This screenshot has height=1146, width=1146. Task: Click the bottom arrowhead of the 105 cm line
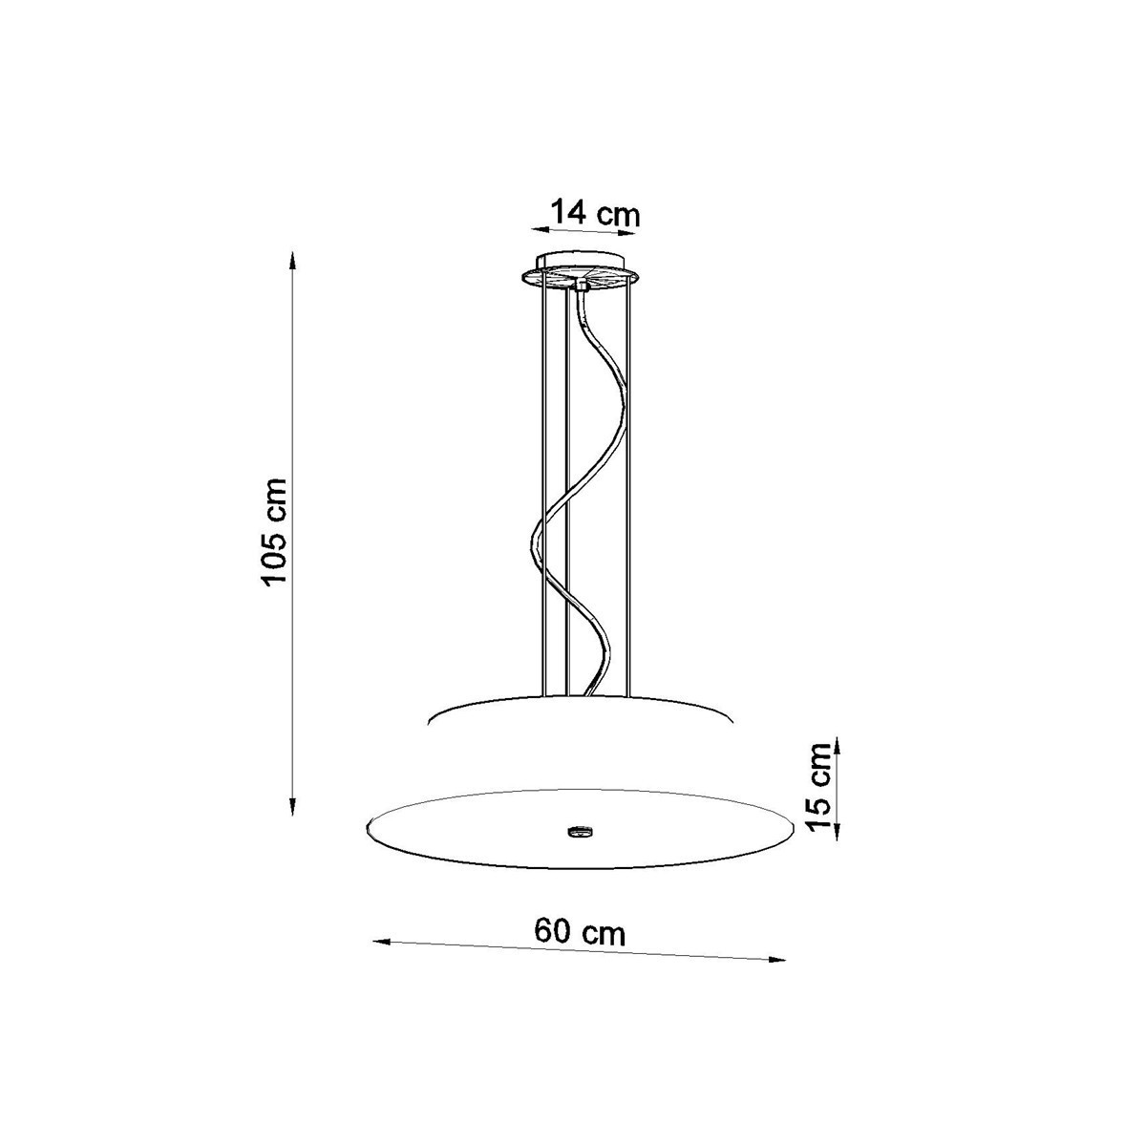(292, 805)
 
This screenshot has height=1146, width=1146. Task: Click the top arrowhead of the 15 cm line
(837, 748)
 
